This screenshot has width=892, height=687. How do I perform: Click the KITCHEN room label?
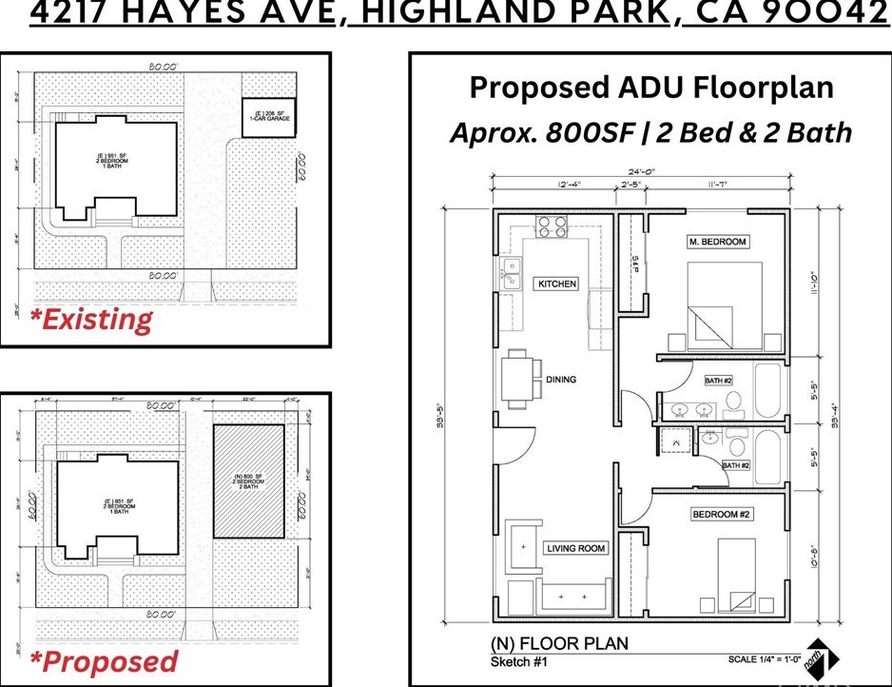[557, 284]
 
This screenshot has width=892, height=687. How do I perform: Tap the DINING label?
[561, 380]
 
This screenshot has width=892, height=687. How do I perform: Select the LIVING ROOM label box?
[575, 548]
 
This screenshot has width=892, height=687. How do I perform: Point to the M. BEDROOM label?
[717, 242]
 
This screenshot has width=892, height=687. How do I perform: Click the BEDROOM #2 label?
[722, 515]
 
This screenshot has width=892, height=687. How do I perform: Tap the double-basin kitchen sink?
[512, 274]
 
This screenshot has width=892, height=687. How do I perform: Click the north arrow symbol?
[821, 657]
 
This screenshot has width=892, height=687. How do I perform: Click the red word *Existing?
[90, 319]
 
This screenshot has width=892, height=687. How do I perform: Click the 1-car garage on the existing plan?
[260, 117]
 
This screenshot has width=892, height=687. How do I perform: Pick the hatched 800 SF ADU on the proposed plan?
[247, 481]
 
